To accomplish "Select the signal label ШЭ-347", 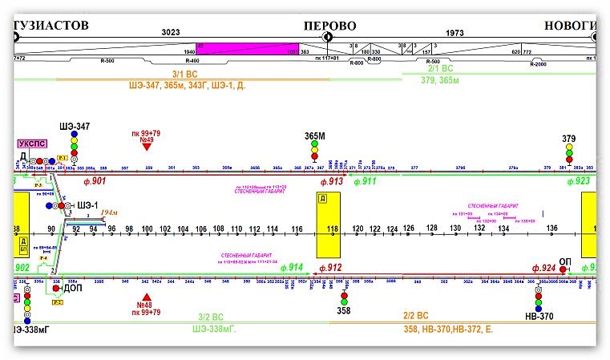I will [x=75, y=127].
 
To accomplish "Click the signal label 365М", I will [x=314, y=136].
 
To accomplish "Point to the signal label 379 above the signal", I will [x=568, y=138].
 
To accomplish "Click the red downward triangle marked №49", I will [x=147, y=146].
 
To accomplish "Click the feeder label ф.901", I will [x=94, y=181].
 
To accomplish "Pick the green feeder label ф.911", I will [x=365, y=181].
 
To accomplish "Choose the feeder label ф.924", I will [x=543, y=267].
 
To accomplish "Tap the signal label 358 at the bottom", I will [x=345, y=309].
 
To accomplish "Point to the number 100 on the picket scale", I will [x=147, y=229].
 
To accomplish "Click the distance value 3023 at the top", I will [x=171, y=33].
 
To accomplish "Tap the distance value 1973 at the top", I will [x=454, y=33].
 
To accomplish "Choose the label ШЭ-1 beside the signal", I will [x=87, y=205].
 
